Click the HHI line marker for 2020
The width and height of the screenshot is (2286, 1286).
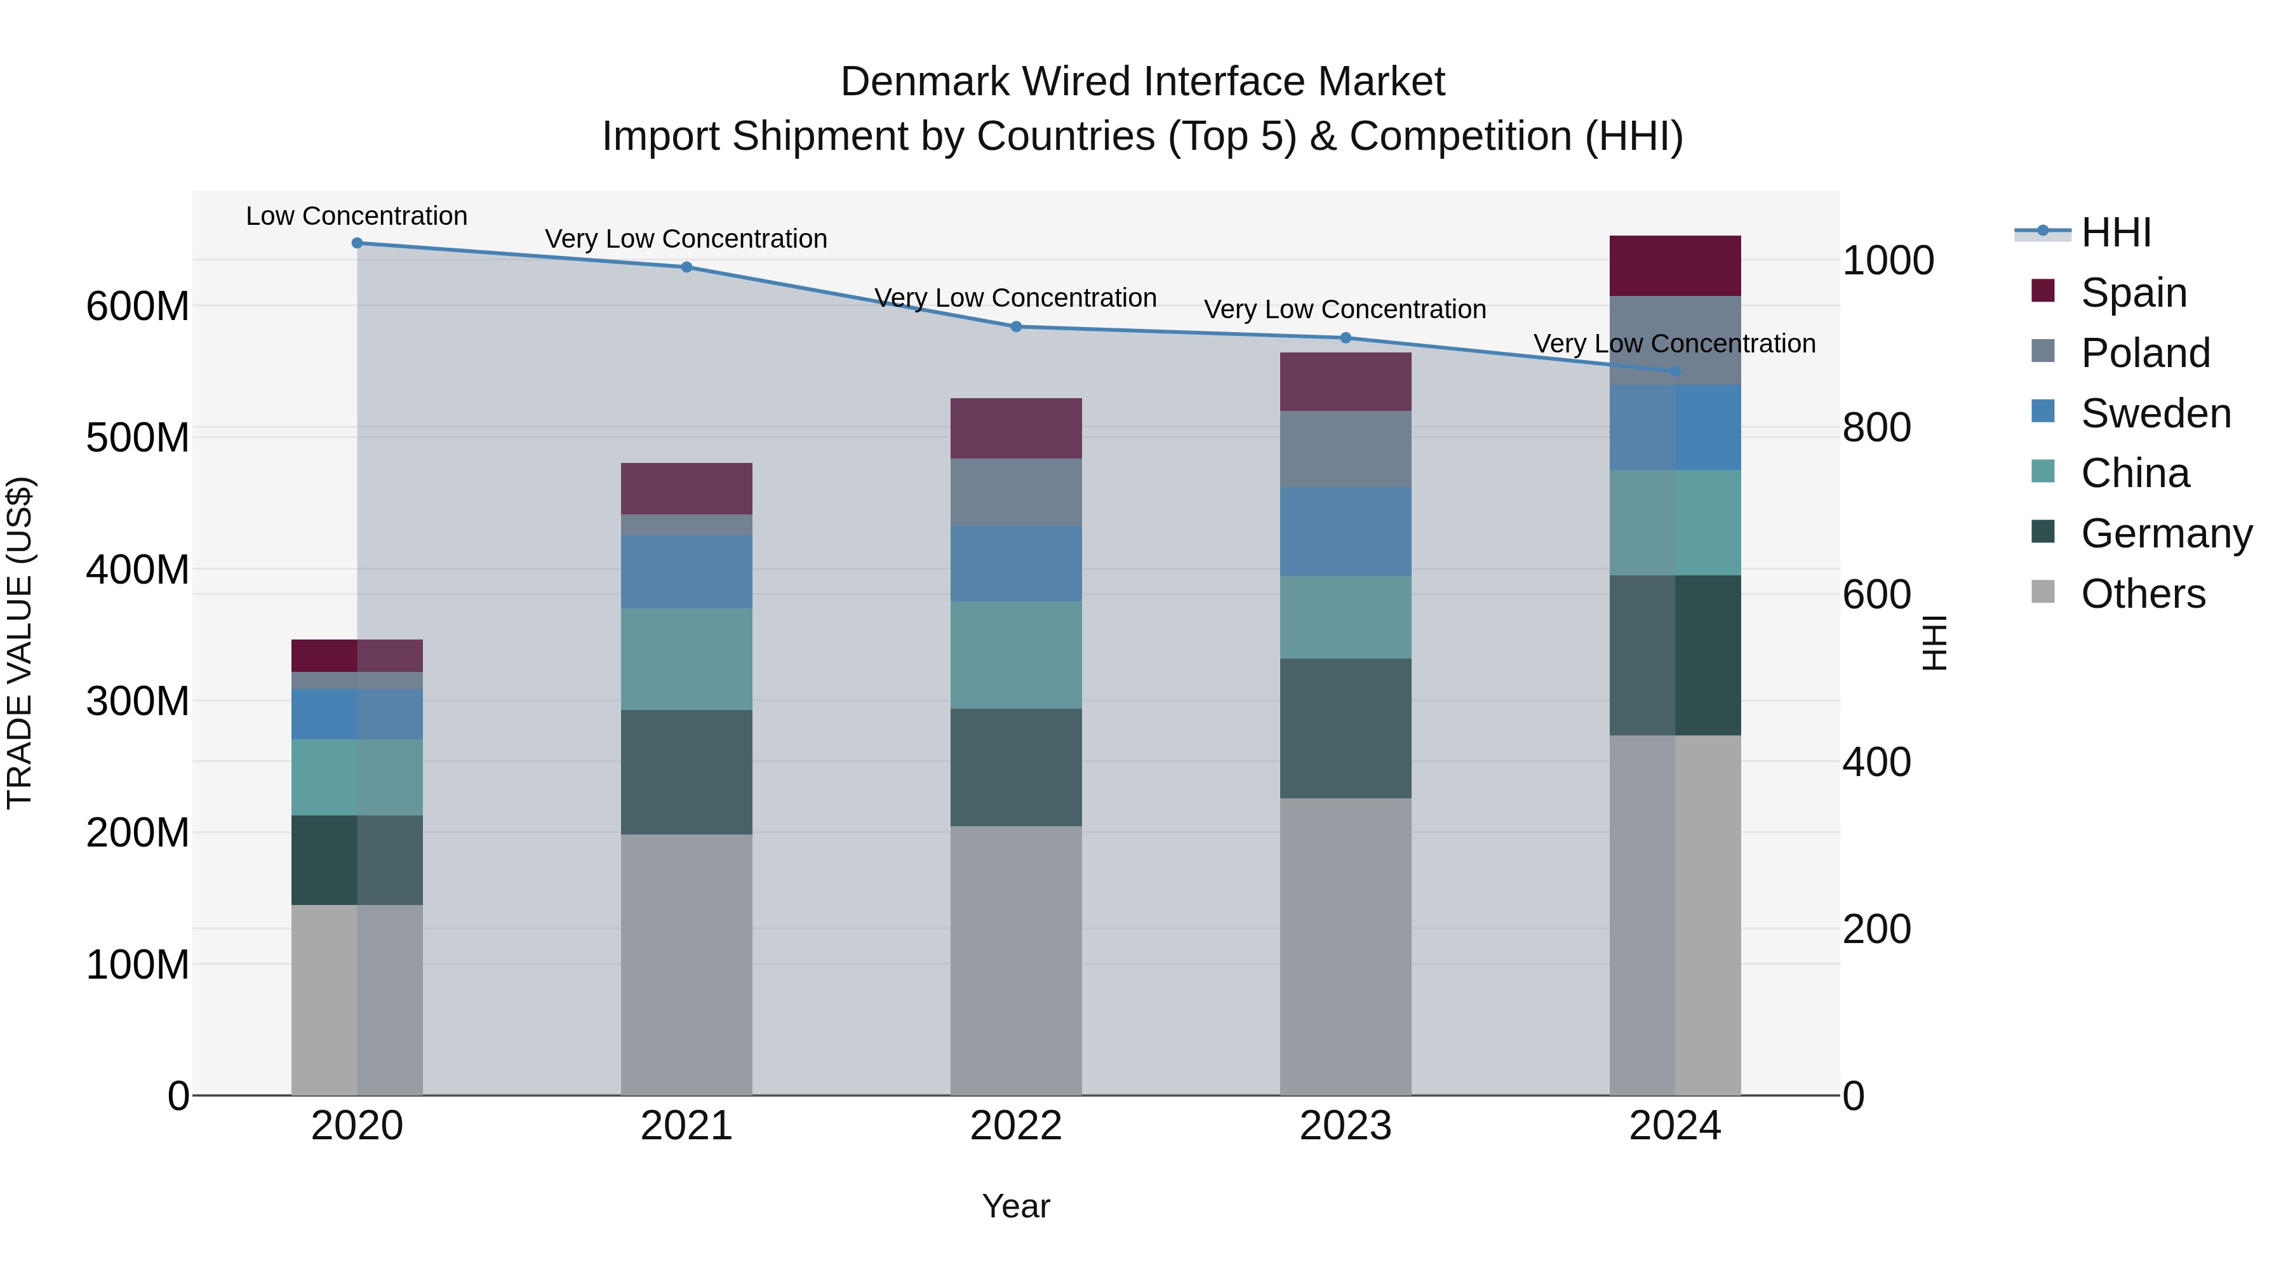pyautogui.click(x=357, y=243)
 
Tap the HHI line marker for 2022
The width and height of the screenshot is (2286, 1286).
pyautogui.click(x=1016, y=326)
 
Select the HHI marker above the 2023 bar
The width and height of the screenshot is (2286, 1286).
pyautogui.click(x=1346, y=338)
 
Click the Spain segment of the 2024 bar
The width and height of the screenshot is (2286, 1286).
pyautogui.click(x=1674, y=265)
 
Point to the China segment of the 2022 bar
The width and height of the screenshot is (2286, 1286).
pyautogui.click(x=1016, y=655)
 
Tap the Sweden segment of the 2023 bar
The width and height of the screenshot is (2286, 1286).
pyautogui.click(x=1346, y=531)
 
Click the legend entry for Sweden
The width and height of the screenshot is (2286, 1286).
pyautogui.click(x=2155, y=413)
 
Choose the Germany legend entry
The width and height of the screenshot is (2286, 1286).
pyautogui.click(x=2165, y=533)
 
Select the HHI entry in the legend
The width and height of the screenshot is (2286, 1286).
pyautogui.click(x=2116, y=232)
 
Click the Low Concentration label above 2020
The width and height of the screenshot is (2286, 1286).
pyautogui.click(x=357, y=216)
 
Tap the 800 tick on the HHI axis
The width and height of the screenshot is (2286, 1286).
pyautogui.click(x=1876, y=428)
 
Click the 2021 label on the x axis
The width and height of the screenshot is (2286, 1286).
pyautogui.click(x=686, y=1126)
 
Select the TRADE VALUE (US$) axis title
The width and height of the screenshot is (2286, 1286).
pyautogui.click(x=20, y=643)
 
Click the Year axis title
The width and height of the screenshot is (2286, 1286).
pyautogui.click(x=1015, y=1206)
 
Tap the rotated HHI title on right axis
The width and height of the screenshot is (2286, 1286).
pyautogui.click(x=1935, y=643)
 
